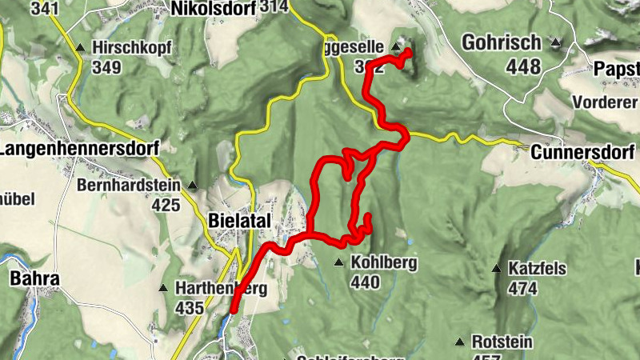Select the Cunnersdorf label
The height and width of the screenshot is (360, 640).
(584, 152)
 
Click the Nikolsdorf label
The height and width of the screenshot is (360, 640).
(213, 8)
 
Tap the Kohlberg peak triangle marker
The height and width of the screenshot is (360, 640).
(338, 262)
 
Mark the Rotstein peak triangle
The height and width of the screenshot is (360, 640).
(459, 342)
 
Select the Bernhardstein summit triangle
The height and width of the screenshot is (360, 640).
(192, 185)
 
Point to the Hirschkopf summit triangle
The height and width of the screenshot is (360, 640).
(80, 48)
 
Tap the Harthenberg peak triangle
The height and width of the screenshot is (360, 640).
(164, 288)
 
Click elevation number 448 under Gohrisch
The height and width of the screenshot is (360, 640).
(524, 66)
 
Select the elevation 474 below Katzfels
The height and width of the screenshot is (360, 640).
(522, 288)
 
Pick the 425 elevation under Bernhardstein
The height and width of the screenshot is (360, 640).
(166, 206)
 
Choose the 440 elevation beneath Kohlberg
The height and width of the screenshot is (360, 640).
(364, 282)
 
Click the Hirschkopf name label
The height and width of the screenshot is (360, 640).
(132, 47)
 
